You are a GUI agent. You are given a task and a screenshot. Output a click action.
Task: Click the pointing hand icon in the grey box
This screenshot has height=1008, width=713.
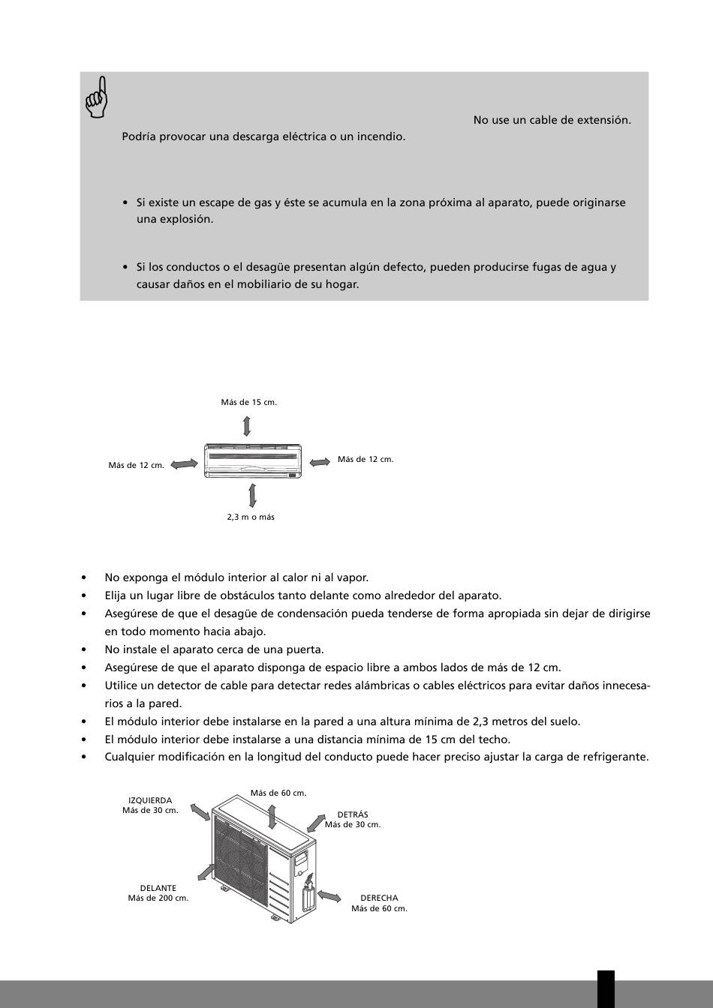(x=97, y=97)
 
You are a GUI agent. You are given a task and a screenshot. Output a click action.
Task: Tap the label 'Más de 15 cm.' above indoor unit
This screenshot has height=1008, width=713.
(x=248, y=403)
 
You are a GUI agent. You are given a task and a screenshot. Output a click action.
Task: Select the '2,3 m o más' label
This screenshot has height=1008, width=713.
(x=251, y=517)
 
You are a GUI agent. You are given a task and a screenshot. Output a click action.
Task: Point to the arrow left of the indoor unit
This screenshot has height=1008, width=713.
(x=184, y=464)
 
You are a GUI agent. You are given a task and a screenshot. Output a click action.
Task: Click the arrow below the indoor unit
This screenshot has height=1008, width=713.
(x=252, y=495)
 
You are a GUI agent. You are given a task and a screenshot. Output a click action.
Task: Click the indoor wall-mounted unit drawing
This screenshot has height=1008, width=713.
(x=253, y=460)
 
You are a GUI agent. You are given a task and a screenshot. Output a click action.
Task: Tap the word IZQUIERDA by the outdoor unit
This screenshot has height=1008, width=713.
(x=150, y=800)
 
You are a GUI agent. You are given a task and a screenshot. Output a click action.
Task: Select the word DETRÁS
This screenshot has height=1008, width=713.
(x=353, y=814)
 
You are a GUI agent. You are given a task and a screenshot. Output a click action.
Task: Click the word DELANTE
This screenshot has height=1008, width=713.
(x=158, y=888)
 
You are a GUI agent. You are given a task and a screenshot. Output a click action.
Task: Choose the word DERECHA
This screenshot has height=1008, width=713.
(x=379, y=898)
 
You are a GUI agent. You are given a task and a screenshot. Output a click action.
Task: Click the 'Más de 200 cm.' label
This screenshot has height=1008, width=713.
(x=158, y=898)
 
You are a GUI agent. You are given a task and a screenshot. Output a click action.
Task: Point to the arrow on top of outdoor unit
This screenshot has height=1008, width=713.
(x=273, y=814)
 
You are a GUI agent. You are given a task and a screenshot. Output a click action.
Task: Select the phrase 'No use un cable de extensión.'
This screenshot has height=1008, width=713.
(x=552, y=120)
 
